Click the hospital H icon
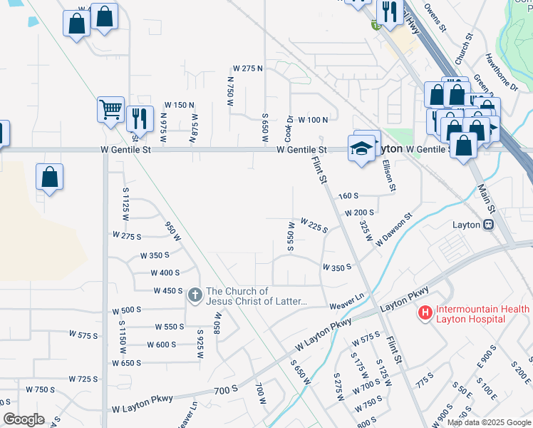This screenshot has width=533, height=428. click(425, 313)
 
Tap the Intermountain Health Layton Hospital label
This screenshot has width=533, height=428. click(482, 314)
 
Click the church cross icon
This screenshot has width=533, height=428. click(195, 295)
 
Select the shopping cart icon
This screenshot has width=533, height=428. click(111, 109)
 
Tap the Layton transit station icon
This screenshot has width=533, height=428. click(489, 224)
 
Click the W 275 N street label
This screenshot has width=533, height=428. click(247, 68)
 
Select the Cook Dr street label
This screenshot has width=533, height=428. click(289, 128)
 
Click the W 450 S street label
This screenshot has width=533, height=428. click(168, 290)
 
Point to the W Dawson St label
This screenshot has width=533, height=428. click(394, 229)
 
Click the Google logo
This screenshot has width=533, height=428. click(23, 419)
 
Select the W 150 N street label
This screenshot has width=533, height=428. click(180, 105)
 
